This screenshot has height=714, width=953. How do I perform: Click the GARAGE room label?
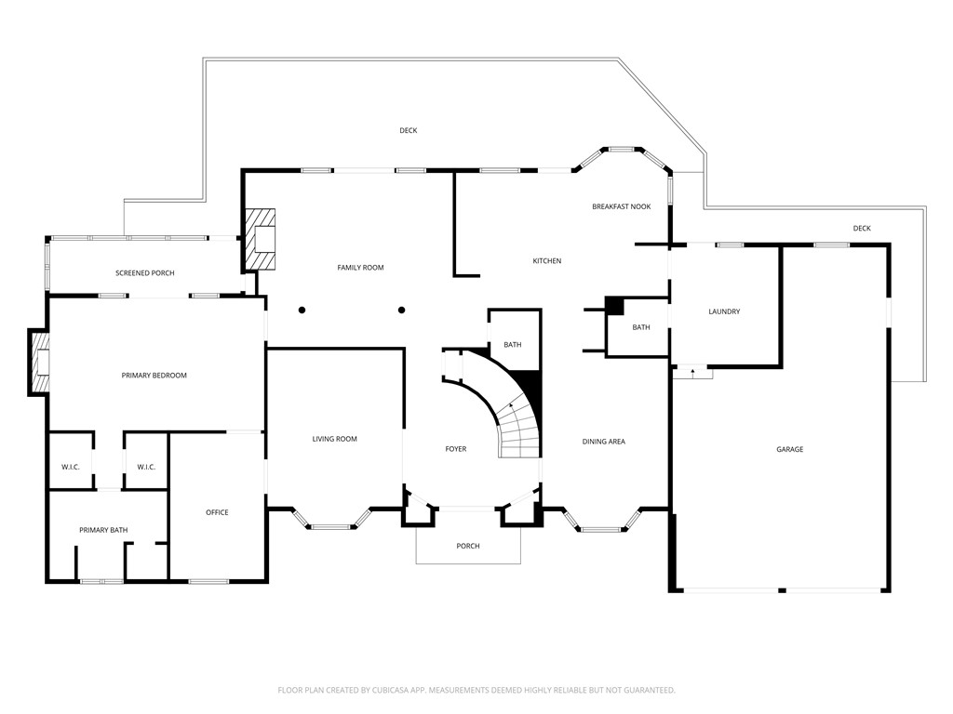tap(789, 449)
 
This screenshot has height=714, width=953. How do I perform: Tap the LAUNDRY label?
tap(723, 311)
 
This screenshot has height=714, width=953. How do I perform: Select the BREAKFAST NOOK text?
tap(621, 206)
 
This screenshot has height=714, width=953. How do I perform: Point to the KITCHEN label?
tap(546, 261)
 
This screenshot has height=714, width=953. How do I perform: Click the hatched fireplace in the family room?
tap(261, 239)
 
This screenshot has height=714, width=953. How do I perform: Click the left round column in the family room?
tap(302, 311)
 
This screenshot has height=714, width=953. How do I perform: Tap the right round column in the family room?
tap(402, 311)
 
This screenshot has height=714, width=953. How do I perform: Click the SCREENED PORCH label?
tap(144, 273)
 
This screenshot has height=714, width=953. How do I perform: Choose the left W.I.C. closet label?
tap(71, 467)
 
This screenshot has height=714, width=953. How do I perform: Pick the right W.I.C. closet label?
tap(146, 467)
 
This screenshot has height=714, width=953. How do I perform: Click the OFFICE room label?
tap(217, 512)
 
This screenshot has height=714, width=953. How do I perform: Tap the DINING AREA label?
tap(603, 442)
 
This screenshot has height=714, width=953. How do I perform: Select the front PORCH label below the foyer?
tap(468, 546)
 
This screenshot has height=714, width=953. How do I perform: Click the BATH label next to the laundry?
tap(641, 327)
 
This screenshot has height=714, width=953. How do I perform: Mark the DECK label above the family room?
tap(408, 131)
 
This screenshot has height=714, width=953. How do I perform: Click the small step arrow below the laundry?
tap(691, 372)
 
